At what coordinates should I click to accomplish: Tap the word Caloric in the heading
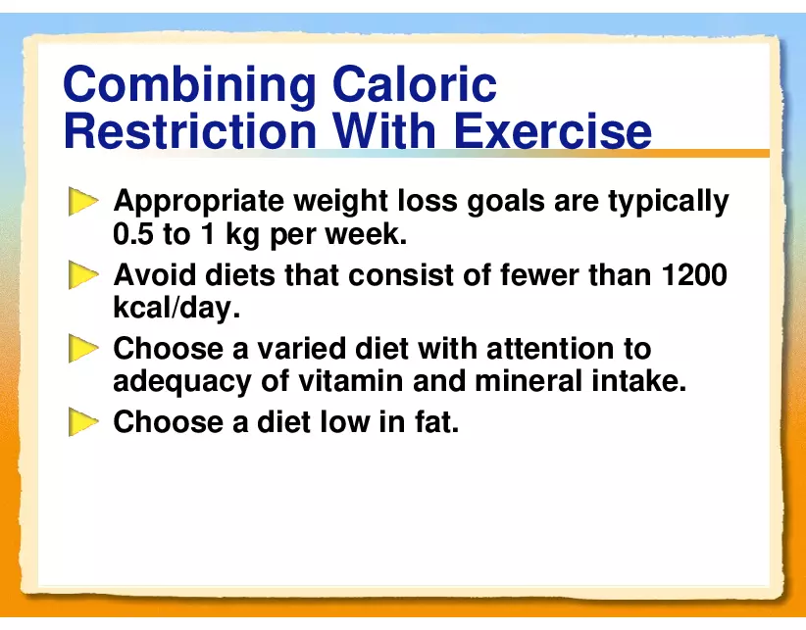[415, 83]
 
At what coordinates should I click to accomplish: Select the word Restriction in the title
[189, 131]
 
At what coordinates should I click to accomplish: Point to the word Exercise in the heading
[553, 131]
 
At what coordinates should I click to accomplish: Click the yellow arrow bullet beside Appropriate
[83, 201]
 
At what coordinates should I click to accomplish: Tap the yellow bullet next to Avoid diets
[83, 275]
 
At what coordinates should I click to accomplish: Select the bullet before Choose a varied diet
[83, 349]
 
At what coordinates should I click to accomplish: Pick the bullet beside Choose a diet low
[83, 422]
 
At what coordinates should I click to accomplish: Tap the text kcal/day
[176, 308]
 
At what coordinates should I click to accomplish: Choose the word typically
[669, 202]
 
